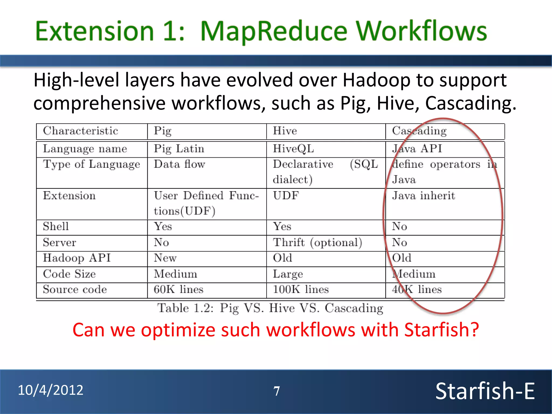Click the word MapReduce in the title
(274, 32)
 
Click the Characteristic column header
(80, 131)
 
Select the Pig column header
(163, 131)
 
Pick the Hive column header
(285, 131)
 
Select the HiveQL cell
(293, 149)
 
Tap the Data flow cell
(180, 164)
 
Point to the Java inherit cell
(423, 196)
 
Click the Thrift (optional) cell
(317, 243)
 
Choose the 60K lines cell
(178, 289)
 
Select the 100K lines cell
(301, 289)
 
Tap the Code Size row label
(69, 274)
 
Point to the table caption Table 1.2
(270, 308)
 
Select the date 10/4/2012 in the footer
(51, 390)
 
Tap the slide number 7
(277, 391)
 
